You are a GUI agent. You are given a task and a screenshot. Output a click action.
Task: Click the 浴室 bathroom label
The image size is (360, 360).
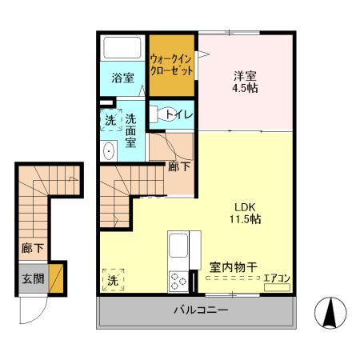coord(122,78)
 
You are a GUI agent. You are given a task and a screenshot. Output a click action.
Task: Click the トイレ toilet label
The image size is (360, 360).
coord(178,114)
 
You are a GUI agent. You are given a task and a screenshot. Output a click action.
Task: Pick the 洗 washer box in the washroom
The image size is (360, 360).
coord(110,121)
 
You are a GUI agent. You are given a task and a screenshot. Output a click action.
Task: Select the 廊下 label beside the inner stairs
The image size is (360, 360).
coord(179,167)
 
